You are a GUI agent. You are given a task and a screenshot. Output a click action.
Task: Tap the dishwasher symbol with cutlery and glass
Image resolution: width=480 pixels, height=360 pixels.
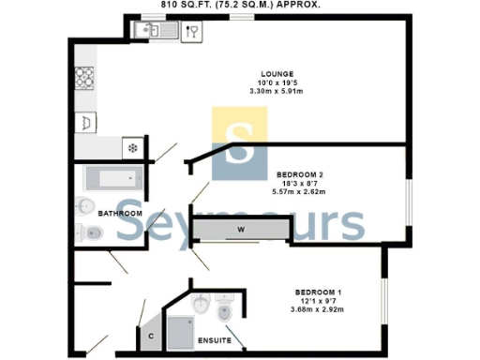click(192, 32)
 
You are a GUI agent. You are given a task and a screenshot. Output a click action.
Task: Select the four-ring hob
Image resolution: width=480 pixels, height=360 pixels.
click(85, 77)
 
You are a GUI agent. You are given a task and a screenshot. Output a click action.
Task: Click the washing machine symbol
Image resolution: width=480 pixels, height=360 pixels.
click(86, 122)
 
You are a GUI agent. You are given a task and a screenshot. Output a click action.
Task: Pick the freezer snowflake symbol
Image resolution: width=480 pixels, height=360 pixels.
click(133, 147)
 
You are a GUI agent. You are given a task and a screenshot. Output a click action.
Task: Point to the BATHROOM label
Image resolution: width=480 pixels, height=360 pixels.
click(120, 214)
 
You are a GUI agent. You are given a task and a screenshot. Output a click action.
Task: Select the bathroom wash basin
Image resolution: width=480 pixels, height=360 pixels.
click(85, 206)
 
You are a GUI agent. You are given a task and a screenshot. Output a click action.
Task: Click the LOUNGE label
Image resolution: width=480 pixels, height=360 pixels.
click(279, 74)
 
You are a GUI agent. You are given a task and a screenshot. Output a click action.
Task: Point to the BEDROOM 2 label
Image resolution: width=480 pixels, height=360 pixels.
click(301, 175)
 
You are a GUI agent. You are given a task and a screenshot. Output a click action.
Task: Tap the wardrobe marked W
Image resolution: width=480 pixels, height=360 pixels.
click(240, 230)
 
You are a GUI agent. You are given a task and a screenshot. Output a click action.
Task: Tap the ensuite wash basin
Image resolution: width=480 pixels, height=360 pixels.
click(202, 306)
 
